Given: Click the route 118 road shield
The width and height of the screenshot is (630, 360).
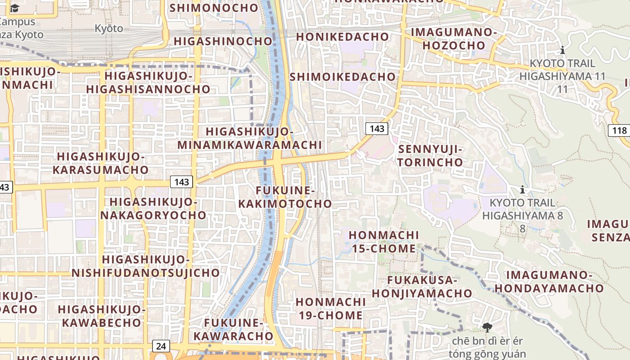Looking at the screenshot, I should point(620,131).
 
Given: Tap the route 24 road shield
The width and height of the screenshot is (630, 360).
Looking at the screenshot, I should point(161,346).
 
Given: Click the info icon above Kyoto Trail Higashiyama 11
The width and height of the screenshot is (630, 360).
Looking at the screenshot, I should point(562,50).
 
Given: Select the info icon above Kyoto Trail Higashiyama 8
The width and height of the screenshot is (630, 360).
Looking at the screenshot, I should point(522,189).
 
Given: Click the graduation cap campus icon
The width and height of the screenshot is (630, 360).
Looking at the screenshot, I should point(15,8).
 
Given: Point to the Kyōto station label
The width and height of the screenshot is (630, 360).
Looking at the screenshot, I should point(108,28).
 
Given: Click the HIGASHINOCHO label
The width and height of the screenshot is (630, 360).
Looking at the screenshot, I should point(223,41).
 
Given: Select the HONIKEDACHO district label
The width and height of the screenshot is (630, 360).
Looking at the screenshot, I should point(342,36).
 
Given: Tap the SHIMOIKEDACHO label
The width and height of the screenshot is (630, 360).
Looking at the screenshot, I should point(342,76).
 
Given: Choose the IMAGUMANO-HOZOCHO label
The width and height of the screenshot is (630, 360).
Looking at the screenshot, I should point(454,39).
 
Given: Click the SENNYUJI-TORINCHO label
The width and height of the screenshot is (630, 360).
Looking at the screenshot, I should point(430,155).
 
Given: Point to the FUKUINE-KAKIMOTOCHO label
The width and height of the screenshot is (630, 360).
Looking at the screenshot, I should point(285,197).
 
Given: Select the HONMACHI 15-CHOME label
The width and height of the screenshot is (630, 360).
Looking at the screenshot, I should point(383,242).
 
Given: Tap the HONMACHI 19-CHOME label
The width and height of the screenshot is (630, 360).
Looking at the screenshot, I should point(330,308).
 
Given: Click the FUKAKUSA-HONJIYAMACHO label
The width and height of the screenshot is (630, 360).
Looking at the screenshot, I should point(422,287).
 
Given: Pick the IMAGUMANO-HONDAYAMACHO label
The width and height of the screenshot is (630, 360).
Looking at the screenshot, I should point(549,282).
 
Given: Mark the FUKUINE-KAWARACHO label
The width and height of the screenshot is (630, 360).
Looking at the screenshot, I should point(233,329).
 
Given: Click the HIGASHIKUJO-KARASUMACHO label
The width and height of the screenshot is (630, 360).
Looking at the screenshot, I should point(101,163).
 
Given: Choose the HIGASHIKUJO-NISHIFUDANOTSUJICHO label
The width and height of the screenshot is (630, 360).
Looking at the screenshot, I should point(146,266).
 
